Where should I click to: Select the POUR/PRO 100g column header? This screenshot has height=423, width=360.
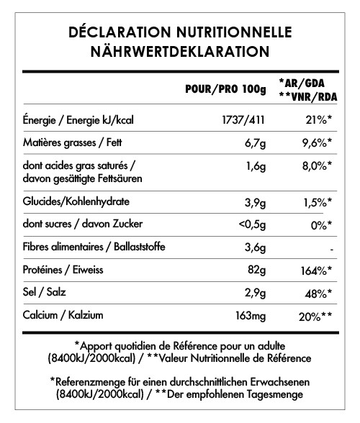pyautogui.click(x=225, y=89)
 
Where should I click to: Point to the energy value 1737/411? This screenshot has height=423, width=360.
pyautogui.click(x=245, y=119)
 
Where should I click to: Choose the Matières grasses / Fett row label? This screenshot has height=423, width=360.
pyautogui.click(x=72, y=143)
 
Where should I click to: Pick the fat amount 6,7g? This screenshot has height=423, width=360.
pyautogui.click(x=256, y=143)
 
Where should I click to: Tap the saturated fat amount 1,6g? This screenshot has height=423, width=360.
pyautogui.click(x=256, y=166)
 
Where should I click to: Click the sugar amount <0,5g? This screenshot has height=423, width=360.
pyautogui.click(x=252, y=224)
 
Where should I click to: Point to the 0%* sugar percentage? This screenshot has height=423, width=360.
pyautogui.click(x=318, y=224)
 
